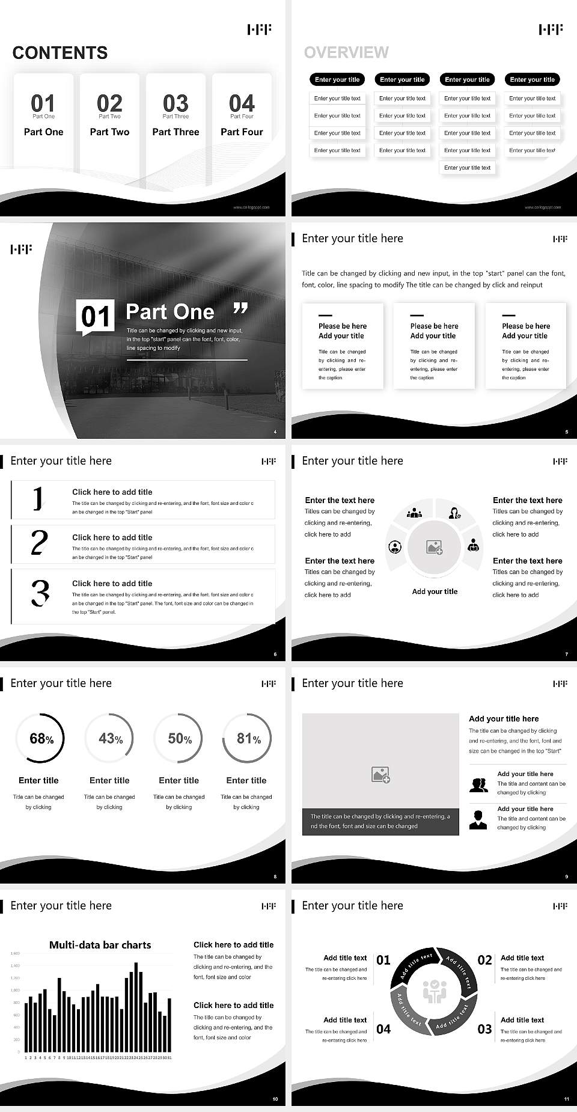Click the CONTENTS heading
[x=60, y=53]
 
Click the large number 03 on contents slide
[x=176, y=103]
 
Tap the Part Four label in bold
[x=242, y=132]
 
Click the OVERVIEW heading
[x=346, y=52]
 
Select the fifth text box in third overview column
[x=468, y=168]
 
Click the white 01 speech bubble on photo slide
[x=96, y=316]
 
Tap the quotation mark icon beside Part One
[x=240, y=309]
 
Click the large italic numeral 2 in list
[x=39, y=543]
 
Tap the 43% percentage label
[x=111, y=738]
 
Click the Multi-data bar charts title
[x=100, y=945]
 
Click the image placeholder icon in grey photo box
[x=380, y=774]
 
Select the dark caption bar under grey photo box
[x=380, y=821]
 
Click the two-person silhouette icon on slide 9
[x=478, y=785]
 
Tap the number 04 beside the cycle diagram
[x=383, y=1029]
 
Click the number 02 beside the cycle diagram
[x=484, y=960]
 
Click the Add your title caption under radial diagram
[x=435, y=591]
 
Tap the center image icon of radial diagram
[x=435, y=547]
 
